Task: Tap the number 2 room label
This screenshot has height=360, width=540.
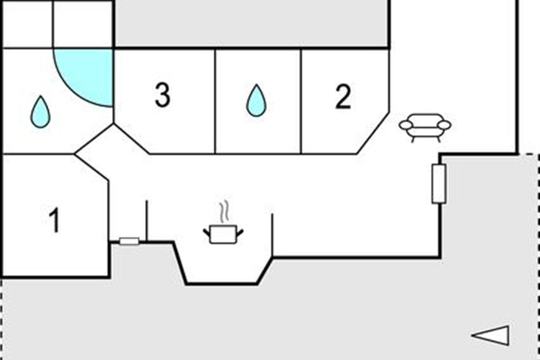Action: click(x=343, y=97)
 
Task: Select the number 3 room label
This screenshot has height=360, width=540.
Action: click(x=162, y=96)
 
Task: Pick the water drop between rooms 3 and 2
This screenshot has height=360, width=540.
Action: click(x=256, y=101)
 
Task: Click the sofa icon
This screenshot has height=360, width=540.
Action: click(x=425, y=127)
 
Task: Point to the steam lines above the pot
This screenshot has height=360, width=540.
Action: click(x=224, y=211)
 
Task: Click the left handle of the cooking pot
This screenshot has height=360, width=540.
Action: click(x=207, y=232)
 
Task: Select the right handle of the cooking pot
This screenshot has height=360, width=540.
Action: click(x=240, y=232)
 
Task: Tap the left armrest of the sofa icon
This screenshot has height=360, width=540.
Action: click(x=405, y=125)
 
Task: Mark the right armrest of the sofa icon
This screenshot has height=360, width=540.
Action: click(x=444, y=125)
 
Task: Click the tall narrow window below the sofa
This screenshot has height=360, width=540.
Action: click(x=439, y=184)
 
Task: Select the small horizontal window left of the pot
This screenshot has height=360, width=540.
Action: click(x=129, y=242)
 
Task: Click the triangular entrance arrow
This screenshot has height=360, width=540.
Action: click(x=491, y=335)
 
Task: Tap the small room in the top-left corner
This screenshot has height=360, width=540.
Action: click(x=27, y=23)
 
